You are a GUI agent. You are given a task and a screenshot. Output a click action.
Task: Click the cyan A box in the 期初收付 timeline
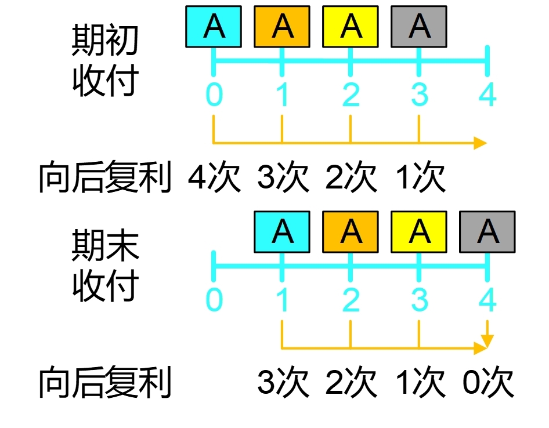pos(214,27)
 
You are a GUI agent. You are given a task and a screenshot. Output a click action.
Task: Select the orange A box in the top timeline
pos(282,27)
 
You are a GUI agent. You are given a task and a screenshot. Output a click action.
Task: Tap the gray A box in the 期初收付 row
pos(419,27)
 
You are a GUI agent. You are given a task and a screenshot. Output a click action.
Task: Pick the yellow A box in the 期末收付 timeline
pos(419,232)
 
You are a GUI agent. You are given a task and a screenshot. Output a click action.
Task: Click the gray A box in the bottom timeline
pos(487,232)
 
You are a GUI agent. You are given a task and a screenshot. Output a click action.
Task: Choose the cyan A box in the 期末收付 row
pos(282,232)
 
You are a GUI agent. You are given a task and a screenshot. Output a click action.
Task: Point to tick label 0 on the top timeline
pos(214,95)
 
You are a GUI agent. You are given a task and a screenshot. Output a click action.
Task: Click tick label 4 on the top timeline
pos(487,95)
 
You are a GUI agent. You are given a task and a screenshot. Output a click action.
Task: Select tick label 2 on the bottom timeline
pos(351,300)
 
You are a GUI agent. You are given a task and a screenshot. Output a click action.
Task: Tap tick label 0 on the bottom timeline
pos(214,300)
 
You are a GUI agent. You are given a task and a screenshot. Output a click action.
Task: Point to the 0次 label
pos(488,383)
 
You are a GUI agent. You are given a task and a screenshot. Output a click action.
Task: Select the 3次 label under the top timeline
pos(283,177)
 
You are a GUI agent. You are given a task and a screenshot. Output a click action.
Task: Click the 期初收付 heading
pos(105,61)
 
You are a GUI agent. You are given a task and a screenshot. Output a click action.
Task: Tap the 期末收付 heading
pos(105,267)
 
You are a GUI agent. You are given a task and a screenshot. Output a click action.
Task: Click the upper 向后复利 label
pos(105,177)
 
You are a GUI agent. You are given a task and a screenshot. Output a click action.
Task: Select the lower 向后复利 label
pos(105,383)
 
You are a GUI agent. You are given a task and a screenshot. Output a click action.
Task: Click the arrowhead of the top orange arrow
pos(480,143)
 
